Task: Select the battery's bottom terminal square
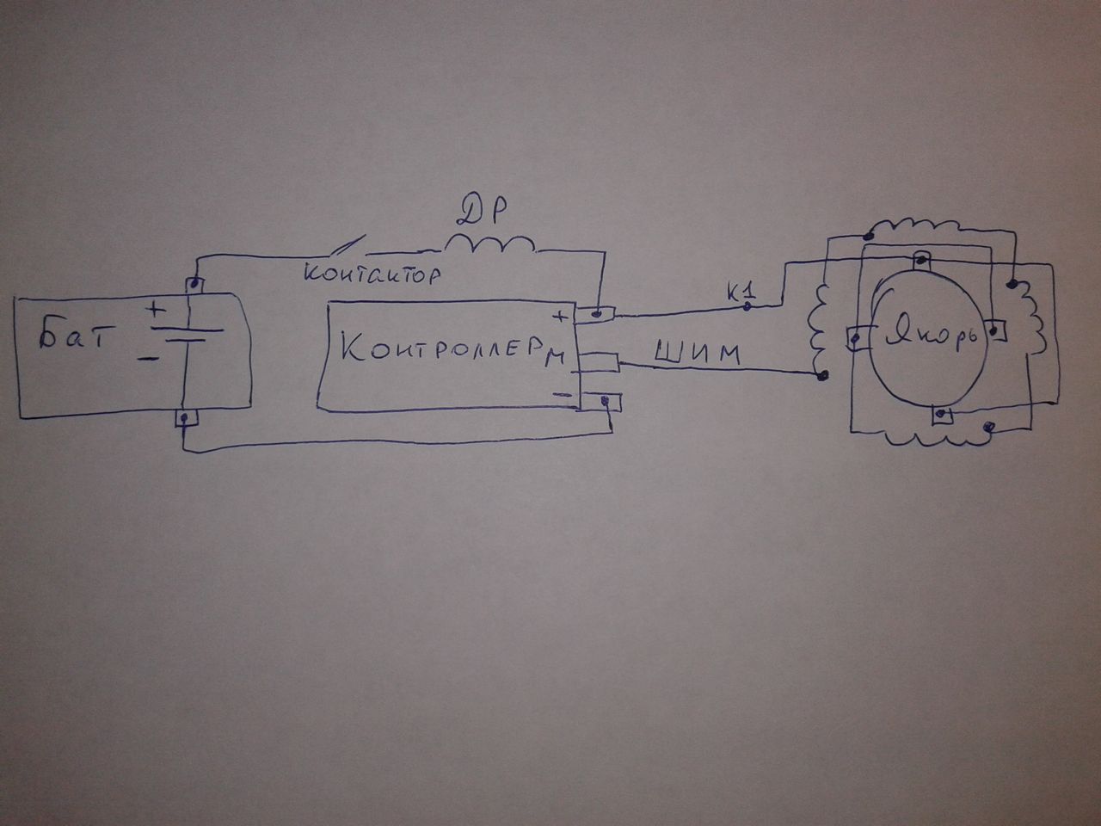point(184,418)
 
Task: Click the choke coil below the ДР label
point(489,244)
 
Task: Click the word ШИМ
point(697,354)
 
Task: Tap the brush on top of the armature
point(921,257)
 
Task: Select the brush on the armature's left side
point(858,338)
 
